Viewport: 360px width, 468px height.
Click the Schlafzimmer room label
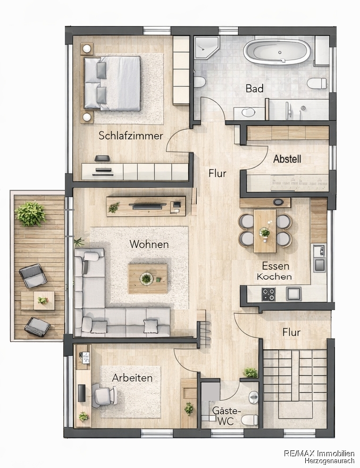(131, 136)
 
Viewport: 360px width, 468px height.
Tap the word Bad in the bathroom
(255, 88)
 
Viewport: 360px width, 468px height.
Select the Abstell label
(287, 159)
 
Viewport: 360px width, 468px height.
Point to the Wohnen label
(149, 244)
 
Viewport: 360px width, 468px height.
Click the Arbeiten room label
(132, 378)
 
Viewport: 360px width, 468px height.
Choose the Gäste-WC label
(226, 416)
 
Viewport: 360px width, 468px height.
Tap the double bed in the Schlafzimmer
(112, 83)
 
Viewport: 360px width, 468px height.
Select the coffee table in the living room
(148, 279)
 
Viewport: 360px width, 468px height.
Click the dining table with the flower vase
(265, 231)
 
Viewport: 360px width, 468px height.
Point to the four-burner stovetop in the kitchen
(269, 294)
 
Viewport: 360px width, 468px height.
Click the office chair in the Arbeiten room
(104, 395)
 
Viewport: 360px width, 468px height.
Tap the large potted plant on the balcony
(31, 214)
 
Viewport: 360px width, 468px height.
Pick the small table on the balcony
(38, 301)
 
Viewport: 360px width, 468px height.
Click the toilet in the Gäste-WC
(249, 420)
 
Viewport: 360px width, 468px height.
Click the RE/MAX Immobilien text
(320, 454)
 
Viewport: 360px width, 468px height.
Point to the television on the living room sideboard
(147, 205)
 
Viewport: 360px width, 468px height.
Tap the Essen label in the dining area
(271, 265)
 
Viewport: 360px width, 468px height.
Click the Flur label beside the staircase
(291, 332)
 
